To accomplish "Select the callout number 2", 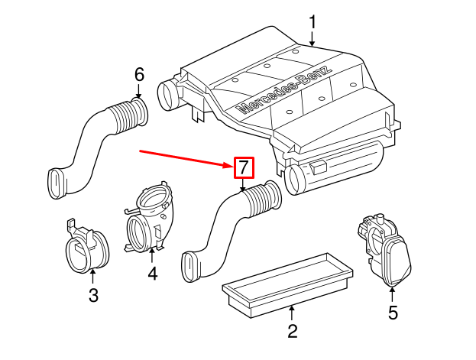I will [x=291, y=331].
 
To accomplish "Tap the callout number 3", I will [x=92, y=295].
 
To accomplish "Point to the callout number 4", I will [x=152, y=272].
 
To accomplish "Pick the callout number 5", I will [x=393, y=312].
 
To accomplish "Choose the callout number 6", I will [x=138, y=74].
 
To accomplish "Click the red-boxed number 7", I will [x=243, y=167].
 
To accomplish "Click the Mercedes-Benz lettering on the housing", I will [x=284, y=89].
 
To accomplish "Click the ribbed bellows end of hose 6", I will [x=130, y=114].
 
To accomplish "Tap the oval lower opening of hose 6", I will [x=57, y=184].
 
